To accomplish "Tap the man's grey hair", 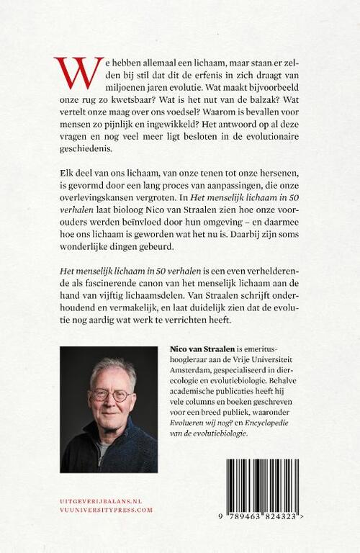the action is pyautogui.click(x=109, y=365).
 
